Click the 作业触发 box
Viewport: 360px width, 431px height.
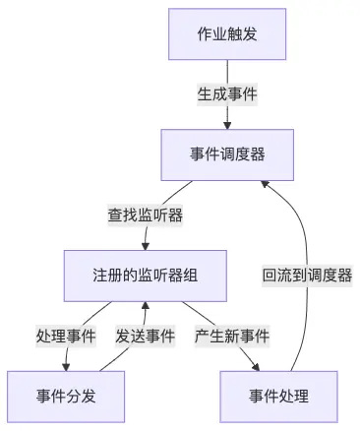pyautogui.click(x=228, y=36)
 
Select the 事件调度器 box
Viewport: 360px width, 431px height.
pyautogui.click(x=228, y=154)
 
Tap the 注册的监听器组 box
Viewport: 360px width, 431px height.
pyautogui.click(x=145, y=275)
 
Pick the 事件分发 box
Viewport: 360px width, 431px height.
pyautogui.click(x=67, y=396)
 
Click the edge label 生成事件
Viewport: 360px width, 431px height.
pyautogui.click(x=228, y=95)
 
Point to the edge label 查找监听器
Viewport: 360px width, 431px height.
pyautogui.click(x=146, y=214)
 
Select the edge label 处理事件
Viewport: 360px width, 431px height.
pyautogui.click(x=66, y=336)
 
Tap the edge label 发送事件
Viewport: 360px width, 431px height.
pyautogui.click(x=146, y=336)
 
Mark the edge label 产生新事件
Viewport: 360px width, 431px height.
pyautogui.click(x=232, y=336)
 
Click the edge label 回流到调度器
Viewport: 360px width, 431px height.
pyautogui.click(x=307, y=275)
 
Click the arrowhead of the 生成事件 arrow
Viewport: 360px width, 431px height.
pyautogui.click(x=228, y=125)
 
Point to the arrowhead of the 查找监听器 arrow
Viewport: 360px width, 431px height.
pyautogui.click(x=146, y=245)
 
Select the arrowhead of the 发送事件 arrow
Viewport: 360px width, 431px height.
pyautogui.click(x=146, y=305)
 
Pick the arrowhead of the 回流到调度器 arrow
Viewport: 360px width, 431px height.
pyautogui.click(x=265, y=184)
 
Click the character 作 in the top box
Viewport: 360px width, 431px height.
pyautogui.click(x=205, y=36)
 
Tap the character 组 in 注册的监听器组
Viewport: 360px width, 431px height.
pyautogui.click(x=192, y=275)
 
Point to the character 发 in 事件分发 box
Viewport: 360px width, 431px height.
pyautogui.click(x=90, y=396)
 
